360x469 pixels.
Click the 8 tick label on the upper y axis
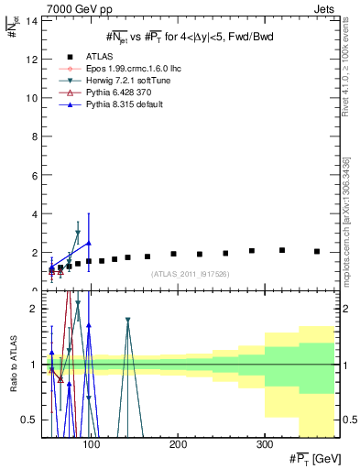(x=34, y=136)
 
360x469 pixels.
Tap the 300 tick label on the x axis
(x=264, y=444)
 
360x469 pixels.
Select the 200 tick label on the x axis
(x=178, y=444)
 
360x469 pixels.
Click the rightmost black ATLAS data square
(x=317, y=251)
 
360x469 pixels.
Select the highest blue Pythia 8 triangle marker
(x=88, y=243)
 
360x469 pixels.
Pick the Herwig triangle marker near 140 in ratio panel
(x=128, y=321)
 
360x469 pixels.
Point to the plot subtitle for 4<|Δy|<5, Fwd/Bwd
(x=187, y=37)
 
